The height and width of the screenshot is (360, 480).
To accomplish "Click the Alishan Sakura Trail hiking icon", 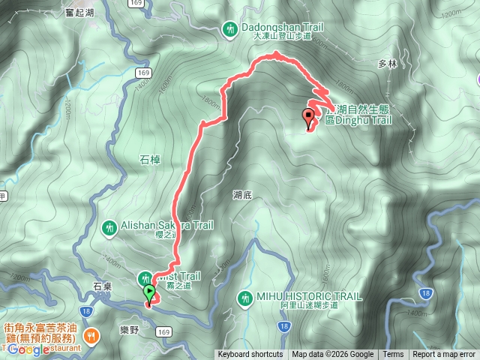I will pyautogui.click(x=109, y=226).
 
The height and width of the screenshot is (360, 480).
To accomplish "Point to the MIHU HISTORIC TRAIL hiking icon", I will pyautogui.click(x=244, y=298).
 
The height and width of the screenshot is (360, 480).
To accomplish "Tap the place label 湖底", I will pyautogui.click(x=241, y=195).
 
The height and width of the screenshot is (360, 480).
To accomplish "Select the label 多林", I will pyautogui.click(x=387, y=64).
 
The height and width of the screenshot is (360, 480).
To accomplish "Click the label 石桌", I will pyautogui.click(x=102, y=286).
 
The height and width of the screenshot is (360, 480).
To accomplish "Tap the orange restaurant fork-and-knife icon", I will pyautogui.click(x=91, y=335).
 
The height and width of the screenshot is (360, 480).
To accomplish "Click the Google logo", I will pyautogui.click(x=30, y=349).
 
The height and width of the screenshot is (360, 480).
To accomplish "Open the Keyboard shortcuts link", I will pyautogui.click(x=250, y=355).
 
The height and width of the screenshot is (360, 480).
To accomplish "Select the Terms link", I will pyautogui.click(x=393, y=355).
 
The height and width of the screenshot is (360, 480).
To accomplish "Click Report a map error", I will pyautogui.click(x=444, y=355).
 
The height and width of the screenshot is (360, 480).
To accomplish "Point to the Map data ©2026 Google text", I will pyautogui.click(x=332, y=355).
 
